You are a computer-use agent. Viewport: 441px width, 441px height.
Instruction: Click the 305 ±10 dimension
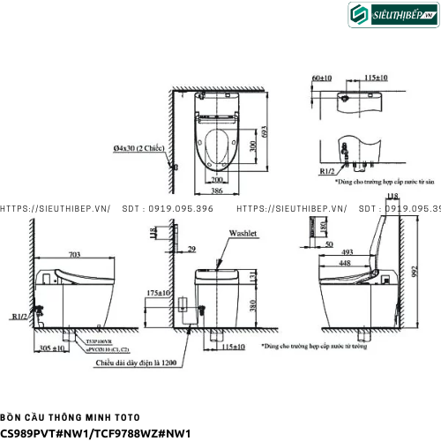pos(55,348)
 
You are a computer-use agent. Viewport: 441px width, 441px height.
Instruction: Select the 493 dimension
pos(348,250)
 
